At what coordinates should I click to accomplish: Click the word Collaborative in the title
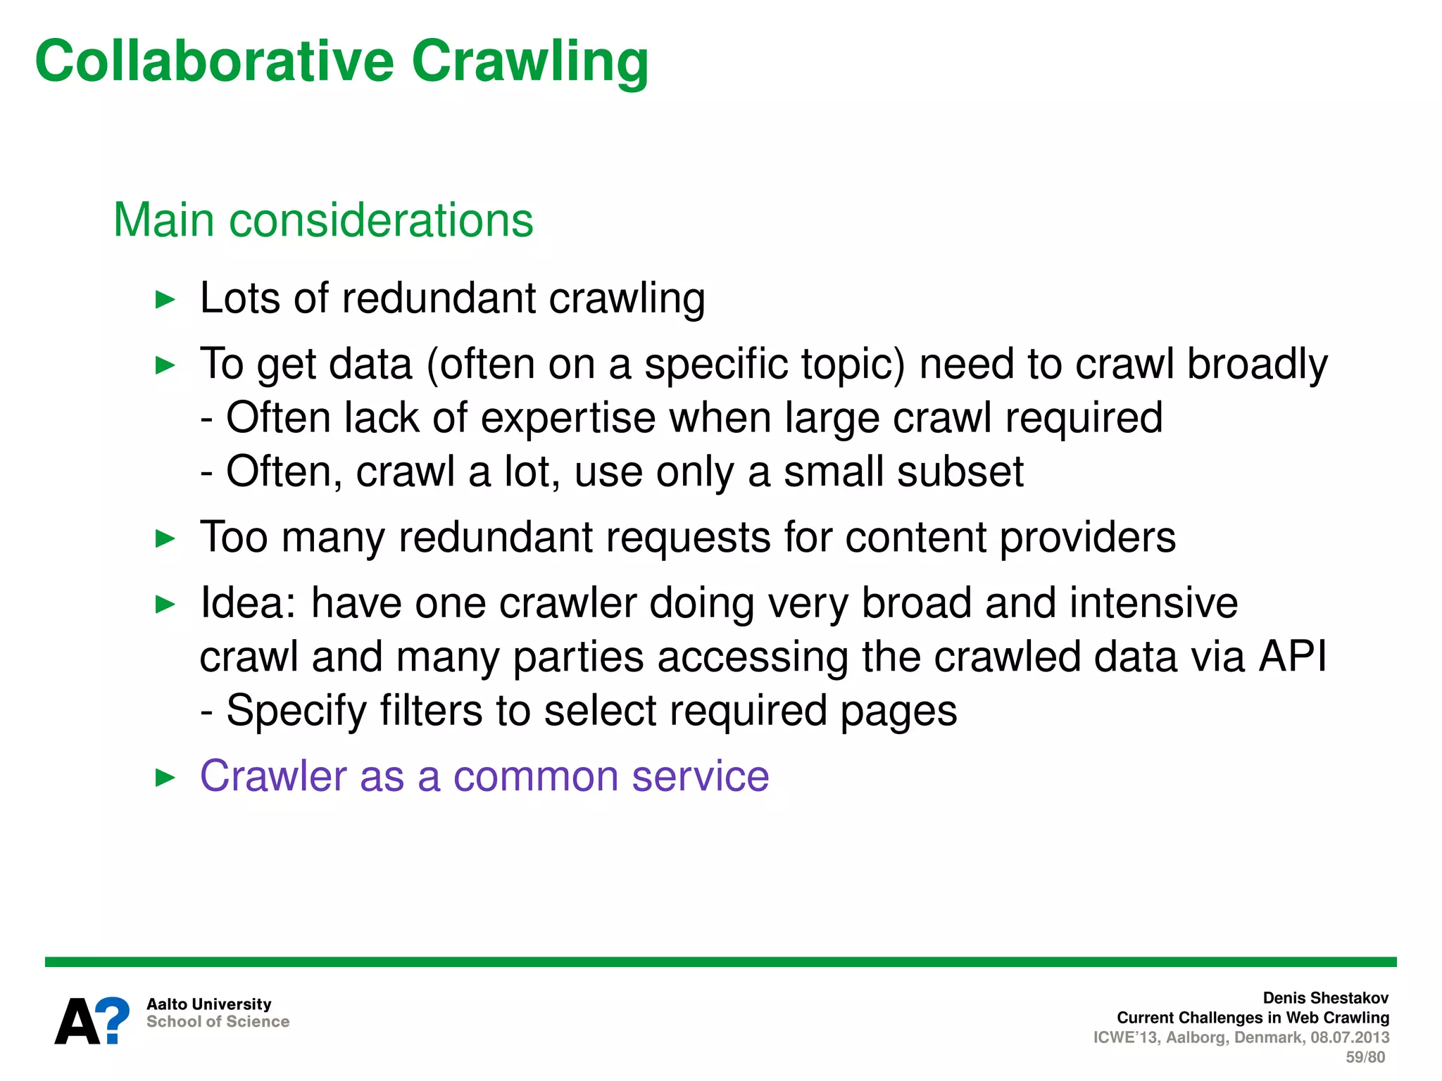pos(214,61)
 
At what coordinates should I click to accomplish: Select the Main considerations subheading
pos(323,220)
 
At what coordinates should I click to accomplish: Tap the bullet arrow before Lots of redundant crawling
pos(165,300)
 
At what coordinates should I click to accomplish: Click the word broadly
pos(1257,365)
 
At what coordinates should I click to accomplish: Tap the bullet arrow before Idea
pos(165,604)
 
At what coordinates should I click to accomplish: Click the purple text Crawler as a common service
pos(484,776)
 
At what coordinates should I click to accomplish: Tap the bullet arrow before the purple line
pos(165,778)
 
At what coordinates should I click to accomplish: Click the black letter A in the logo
pos(77,1023)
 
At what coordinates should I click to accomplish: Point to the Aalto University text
pos(208,1004)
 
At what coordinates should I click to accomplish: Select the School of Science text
pos(218,1022)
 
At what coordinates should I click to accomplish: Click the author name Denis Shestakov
pos(1325,998)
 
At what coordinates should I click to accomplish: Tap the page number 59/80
pos(1365,1057)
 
